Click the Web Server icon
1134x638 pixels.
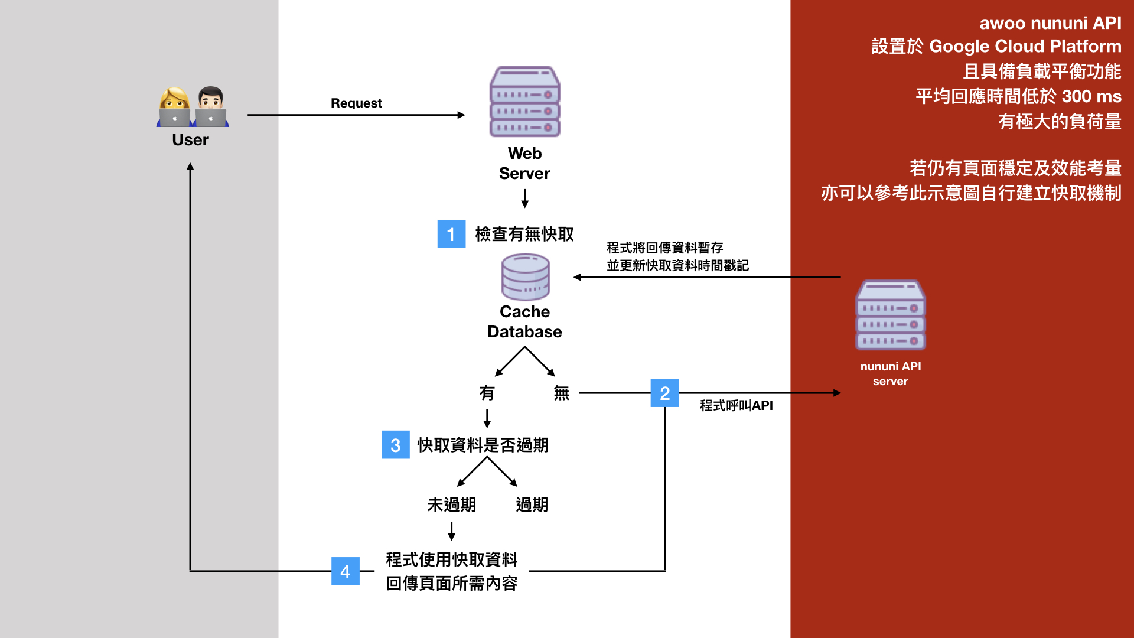click(x=524, y=102)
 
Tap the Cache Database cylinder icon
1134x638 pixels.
click(x=525, y=276)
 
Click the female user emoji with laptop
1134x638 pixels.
click(x=175, y=108)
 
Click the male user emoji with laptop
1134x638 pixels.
click(x=210, y=108)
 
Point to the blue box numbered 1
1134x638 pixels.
click(x=451, y=234)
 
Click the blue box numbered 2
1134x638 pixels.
click(x=664, y=393)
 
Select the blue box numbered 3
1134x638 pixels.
click(x=395, y=445)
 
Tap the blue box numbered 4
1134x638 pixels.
click(x=346, y=571)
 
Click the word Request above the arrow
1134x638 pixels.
click(x=356, y=103)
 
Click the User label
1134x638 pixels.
click(x=190, y=140)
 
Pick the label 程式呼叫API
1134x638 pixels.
click(x=736, y=406)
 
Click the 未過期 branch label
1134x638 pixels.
click(x=451, y=504)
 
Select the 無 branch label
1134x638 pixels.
click(x=561, y=393)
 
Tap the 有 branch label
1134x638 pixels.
click(x=487, y=393)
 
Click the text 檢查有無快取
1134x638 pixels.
click(x=524, y=235)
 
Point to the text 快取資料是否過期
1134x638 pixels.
click(x=483, y=445)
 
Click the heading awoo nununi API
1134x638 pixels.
click(x=1050, y=23)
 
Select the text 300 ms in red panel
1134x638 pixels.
click(x=1091, y=96)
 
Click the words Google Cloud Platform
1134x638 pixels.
click(x=1025, y=46)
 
